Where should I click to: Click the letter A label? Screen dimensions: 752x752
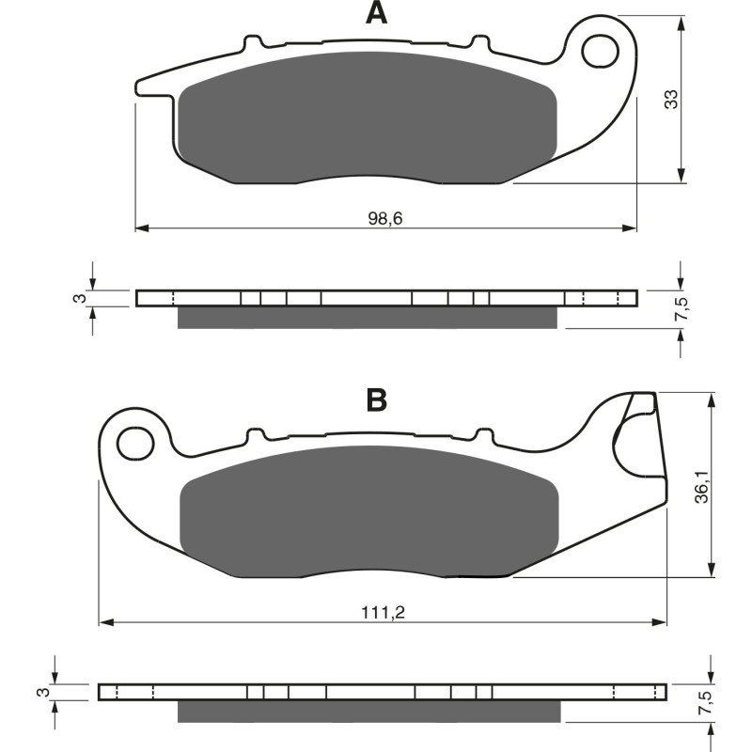tap(376, 13)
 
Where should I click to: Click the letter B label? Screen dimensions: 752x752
tap(376, 399)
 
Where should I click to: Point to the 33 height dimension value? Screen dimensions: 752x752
tap(671, 99)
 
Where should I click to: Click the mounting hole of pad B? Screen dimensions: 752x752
tap(138, 440)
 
